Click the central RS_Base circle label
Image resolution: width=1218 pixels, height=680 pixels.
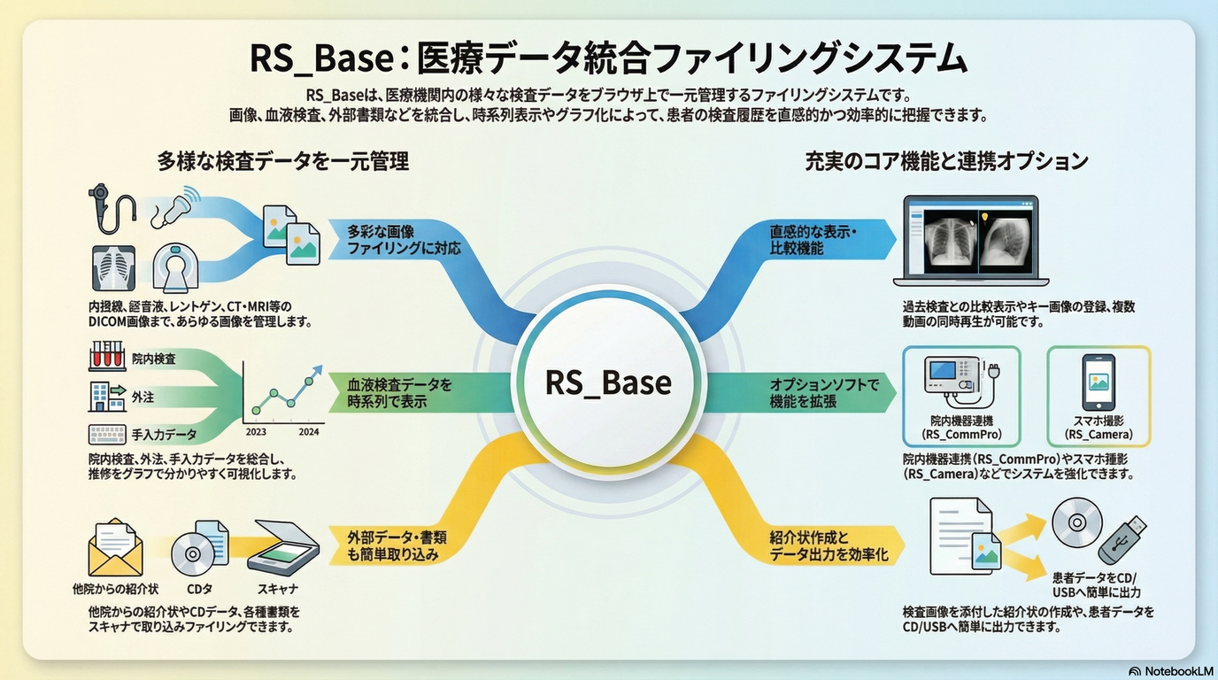[x=608, y=382]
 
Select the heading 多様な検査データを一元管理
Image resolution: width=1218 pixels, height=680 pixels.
[x=282, y=161]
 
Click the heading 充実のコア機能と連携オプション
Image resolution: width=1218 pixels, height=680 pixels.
[x=946, y=161]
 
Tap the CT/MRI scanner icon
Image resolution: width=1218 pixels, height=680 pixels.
[x=176, y=267]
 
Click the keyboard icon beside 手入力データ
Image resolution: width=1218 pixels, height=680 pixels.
[x=106, y=435]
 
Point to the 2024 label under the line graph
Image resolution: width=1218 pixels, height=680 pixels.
[x=309, y=433]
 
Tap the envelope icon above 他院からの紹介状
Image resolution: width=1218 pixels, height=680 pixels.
[x=115, y=547]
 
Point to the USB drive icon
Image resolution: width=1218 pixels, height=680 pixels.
[x=1125, y=532]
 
